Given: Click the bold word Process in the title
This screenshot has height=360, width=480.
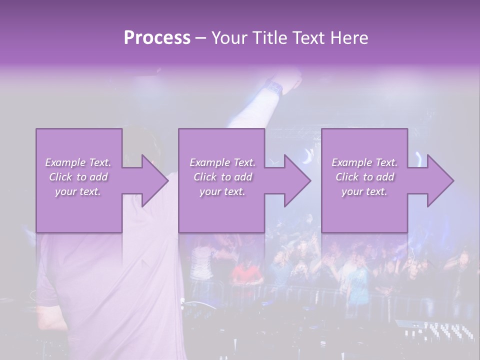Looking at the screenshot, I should [157, 38].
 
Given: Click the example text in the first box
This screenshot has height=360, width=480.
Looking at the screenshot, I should [78, 177].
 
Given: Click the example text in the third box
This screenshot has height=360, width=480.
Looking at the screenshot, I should [364, 177].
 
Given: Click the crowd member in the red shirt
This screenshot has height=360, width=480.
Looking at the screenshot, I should [247, 272].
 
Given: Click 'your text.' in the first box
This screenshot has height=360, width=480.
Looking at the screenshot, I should [78, 191].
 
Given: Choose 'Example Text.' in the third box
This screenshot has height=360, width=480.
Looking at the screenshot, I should [364, 162].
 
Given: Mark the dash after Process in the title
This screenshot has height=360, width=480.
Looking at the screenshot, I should [201, 38].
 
